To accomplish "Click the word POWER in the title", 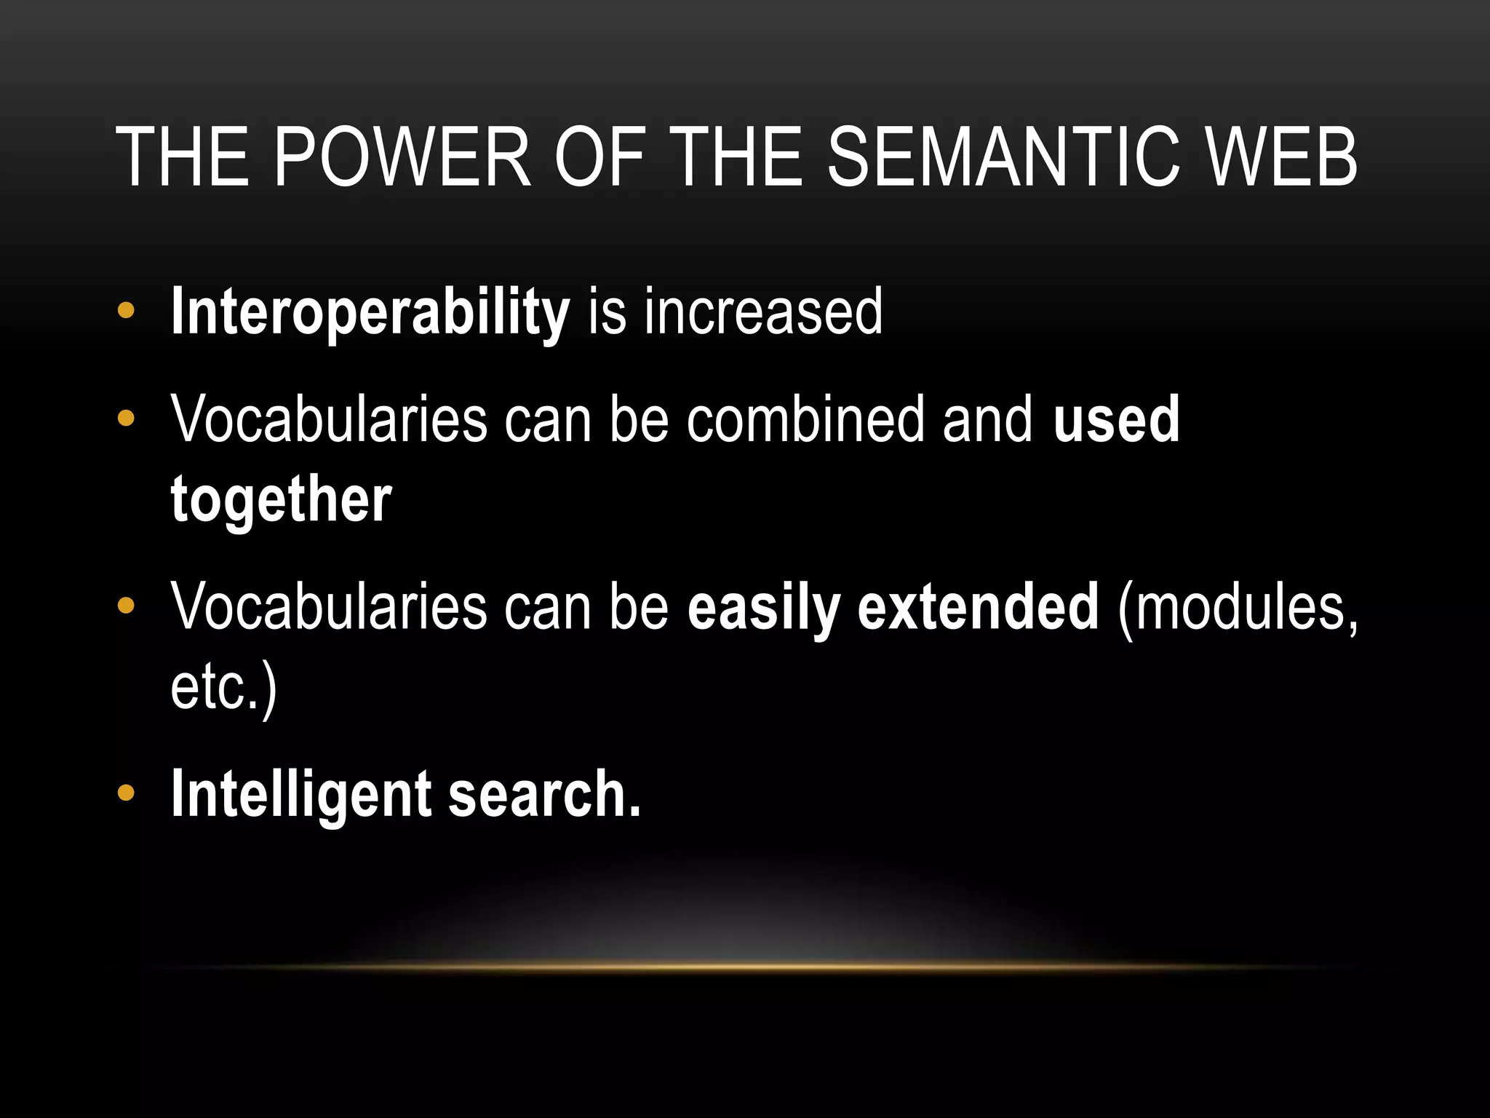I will [x=402, y=157].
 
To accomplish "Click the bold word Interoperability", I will [x=370, y=313].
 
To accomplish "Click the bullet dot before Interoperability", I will [x=126, y=312].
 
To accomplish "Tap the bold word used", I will [x=1116, y=419].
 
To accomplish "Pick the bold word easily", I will [x=763, y=607].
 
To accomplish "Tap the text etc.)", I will [x=223, y=687].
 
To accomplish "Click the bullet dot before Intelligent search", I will [x=126, y=793].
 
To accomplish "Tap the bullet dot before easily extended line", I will [x=126, y=606].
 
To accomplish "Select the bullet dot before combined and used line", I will [x=126, y=419].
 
